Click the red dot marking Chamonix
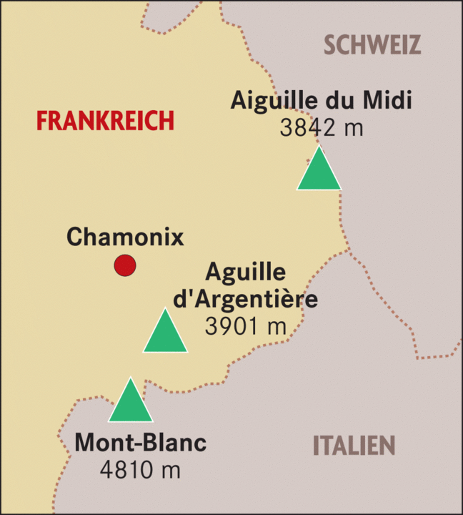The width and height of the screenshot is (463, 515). click(125, 265)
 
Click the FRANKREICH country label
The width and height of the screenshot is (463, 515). click(105, 121)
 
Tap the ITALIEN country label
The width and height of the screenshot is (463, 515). click(354, 446)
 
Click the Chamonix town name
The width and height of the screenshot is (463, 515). click(125, 237)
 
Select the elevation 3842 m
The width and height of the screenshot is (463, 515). click(322, 128)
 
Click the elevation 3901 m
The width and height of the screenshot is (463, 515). click(245, 325)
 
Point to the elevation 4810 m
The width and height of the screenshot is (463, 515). click(140, 470)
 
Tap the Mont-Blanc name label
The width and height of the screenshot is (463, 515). click(140, 443)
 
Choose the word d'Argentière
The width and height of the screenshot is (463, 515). click(246, 298)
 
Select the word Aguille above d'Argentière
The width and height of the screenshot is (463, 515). click(246, 272)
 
